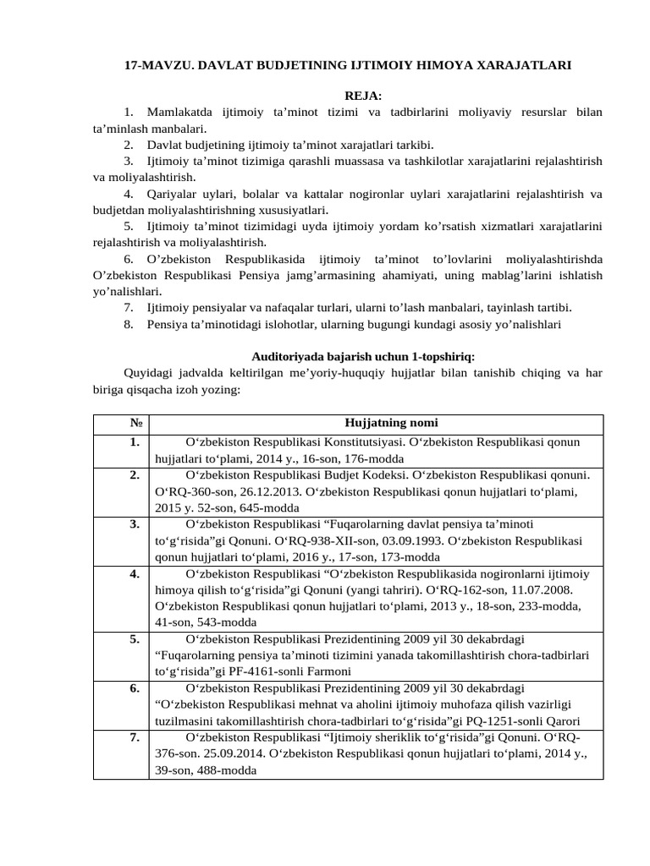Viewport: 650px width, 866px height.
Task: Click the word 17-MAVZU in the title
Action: [153, 64]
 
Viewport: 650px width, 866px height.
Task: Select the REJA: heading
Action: [357, 96]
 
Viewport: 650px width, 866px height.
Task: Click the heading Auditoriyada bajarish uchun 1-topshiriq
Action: [368, 356]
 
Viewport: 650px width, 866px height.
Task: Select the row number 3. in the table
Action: [134, 523]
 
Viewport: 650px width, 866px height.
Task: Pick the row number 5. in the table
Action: [134, 639]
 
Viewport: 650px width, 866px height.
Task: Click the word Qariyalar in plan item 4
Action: [173, 194]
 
